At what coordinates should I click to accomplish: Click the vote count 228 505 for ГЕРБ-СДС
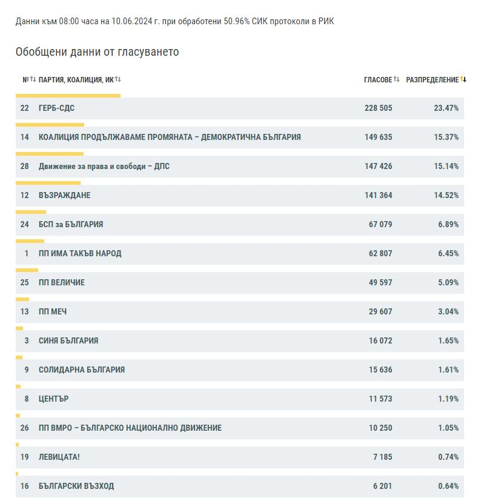click(x=378, y=108)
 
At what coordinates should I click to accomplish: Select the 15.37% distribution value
click(x=446, y=137)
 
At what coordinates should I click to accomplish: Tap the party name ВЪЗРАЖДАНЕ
click(x=65, y=195)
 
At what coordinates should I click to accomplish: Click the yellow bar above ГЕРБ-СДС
click(x=68, y=96)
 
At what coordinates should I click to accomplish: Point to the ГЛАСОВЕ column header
click(x=378, y=79)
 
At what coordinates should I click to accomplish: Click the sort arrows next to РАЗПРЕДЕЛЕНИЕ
click(x=463, y=79)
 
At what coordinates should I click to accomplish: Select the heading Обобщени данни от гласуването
click(x=97, y=51)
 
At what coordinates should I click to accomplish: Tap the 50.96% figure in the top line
click(x=236, y=21)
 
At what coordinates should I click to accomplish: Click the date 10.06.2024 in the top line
click(x=131, y=21)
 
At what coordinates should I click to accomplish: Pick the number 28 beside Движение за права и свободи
click(x=25, y=166)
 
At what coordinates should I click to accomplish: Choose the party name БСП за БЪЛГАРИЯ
click(x=71, y=224)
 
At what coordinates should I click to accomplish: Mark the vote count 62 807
click(x=380, y=253)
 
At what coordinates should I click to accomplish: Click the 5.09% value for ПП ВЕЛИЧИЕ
click(x=448, y=282)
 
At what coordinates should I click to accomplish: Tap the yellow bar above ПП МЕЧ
click(x=22, y=299)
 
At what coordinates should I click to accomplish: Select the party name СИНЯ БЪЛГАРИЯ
click(x=68, y=340)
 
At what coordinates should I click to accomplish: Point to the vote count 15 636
click(x=380, y=370)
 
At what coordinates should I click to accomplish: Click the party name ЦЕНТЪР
click(x=54, y=399)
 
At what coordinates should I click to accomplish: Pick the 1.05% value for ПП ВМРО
click(x=448, y=428)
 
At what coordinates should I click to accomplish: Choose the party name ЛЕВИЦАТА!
click(x=59, y=457)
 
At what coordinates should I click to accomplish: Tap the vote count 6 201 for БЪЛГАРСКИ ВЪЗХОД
click(x=383, y=486)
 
